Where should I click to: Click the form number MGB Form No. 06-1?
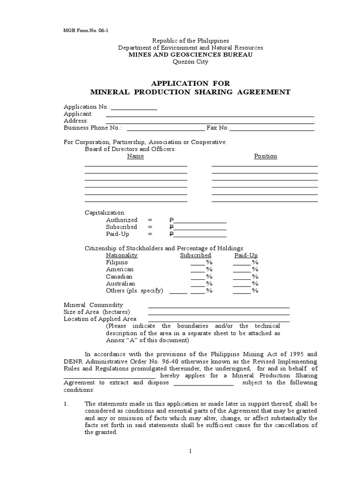pos(82,30)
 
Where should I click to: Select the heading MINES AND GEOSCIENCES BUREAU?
pos(190,55)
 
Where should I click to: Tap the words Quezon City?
pos(190,61)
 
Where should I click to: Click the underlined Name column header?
pos(135,156)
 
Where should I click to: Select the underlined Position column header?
pos(265,156)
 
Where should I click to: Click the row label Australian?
pos(120,284)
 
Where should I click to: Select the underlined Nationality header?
pos(122,255)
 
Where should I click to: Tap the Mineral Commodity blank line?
pos(218,307)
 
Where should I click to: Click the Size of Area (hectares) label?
pos(97,312)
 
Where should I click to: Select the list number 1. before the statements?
pos(66,404)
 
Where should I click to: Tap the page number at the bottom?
pos(191,451)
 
